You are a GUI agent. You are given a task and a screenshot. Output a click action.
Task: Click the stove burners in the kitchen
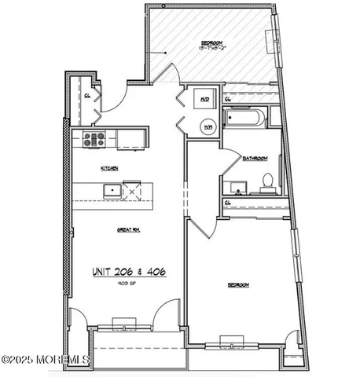tap(94, 140)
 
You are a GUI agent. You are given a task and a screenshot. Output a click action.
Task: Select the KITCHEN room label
tap(109, 168)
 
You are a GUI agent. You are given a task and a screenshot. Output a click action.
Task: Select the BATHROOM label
tap(255, 158)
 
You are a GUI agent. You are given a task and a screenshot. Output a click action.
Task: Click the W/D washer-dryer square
tap(204, 100)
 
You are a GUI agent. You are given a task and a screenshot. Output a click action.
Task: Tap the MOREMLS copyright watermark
tap(46, 361)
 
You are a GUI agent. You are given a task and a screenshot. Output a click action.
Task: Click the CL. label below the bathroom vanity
tap(227, 203)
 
